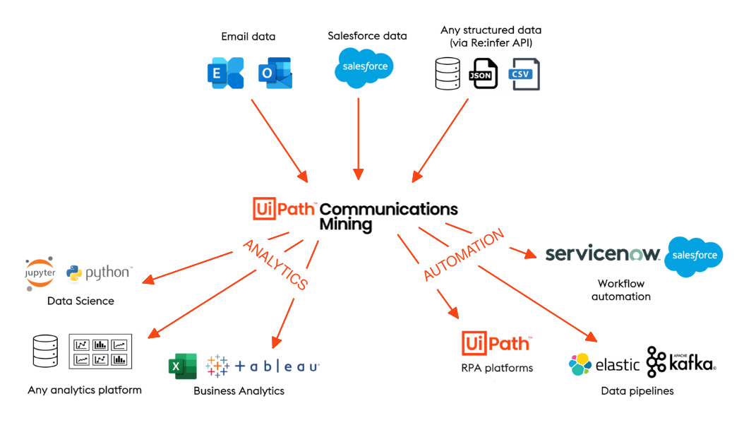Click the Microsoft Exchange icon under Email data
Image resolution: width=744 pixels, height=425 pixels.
(x=225, y=73)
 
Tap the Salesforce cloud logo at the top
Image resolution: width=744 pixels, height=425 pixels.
(x=364, y=67)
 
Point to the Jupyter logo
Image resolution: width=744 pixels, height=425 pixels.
(x=40, y=273)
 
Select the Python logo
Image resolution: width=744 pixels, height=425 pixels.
(x=99, y=273)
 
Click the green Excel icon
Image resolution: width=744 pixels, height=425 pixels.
(x=182, y=367)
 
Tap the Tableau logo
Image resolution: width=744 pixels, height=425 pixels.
(x=263, y=366)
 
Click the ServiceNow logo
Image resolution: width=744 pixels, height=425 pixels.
(x=602, y=254)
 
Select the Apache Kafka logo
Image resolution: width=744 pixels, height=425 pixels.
(x=680, y=362)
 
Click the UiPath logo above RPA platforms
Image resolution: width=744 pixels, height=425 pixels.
(x=496, y=343)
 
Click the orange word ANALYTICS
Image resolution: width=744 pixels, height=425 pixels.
(x=275, y=264)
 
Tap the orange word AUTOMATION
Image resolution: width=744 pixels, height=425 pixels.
(x=464, y=255)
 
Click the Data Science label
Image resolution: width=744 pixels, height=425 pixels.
(x=80, y=301)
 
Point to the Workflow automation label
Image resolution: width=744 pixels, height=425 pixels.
(x=621, y=290)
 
